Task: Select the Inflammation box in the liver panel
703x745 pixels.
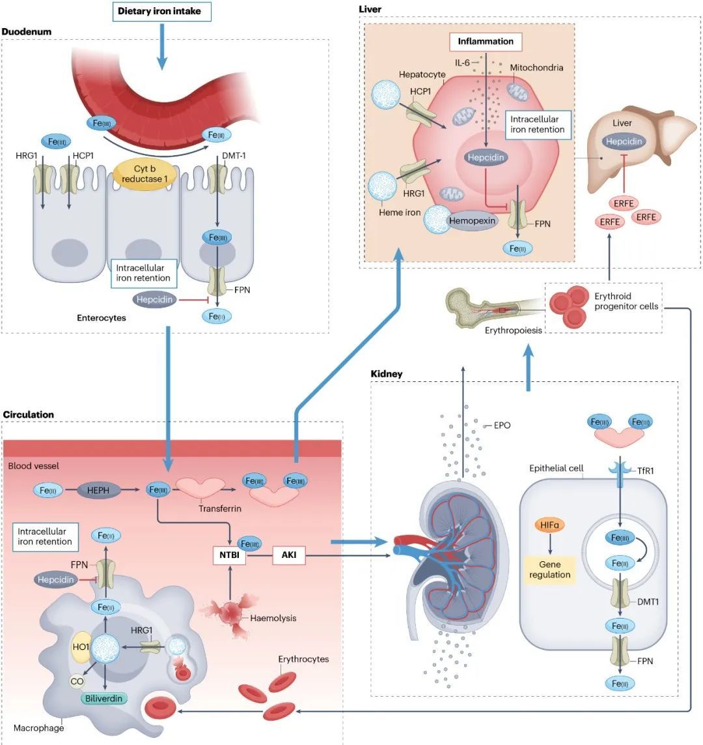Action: point(486,41)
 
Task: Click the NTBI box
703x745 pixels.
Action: point(228,556)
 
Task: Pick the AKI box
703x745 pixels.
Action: point(288,556)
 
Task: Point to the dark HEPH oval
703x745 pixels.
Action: point(98,489)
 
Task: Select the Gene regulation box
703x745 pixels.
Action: point(550,569)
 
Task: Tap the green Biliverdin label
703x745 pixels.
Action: point(105,697)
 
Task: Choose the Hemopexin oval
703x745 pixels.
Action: point(473,221)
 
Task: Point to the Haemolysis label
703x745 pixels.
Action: point(273,617)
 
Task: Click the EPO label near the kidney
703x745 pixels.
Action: point(502,425)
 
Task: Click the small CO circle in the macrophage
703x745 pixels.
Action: point(77,681)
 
